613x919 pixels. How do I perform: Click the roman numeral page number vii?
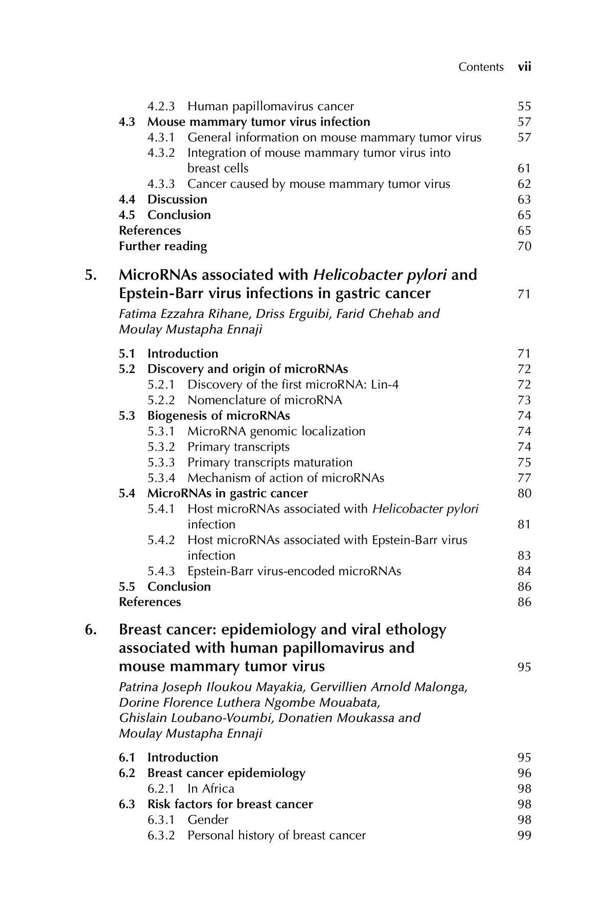tap(525, 67)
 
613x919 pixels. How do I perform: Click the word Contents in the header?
tap(481, 67)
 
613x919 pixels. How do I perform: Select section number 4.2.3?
tap(161, 106)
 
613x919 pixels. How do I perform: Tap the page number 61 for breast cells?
tap(524, 168)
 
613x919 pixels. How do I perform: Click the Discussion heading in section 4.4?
tap(177, 199)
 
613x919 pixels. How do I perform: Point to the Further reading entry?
tap(163, 246)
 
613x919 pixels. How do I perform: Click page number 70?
tap(524, 246)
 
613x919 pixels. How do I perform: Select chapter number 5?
tap(90, 275)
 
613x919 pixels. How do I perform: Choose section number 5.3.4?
tap(161, 478)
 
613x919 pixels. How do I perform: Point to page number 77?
tap(524, 478)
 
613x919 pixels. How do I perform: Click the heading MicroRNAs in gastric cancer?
tap(227, 493)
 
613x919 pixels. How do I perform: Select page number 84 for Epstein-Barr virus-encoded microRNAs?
tap(524, 571)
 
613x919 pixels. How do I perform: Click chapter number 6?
tap(90, 630)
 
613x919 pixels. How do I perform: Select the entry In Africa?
tap(210, 788)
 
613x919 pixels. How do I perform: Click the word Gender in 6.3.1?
tap(208, 819)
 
